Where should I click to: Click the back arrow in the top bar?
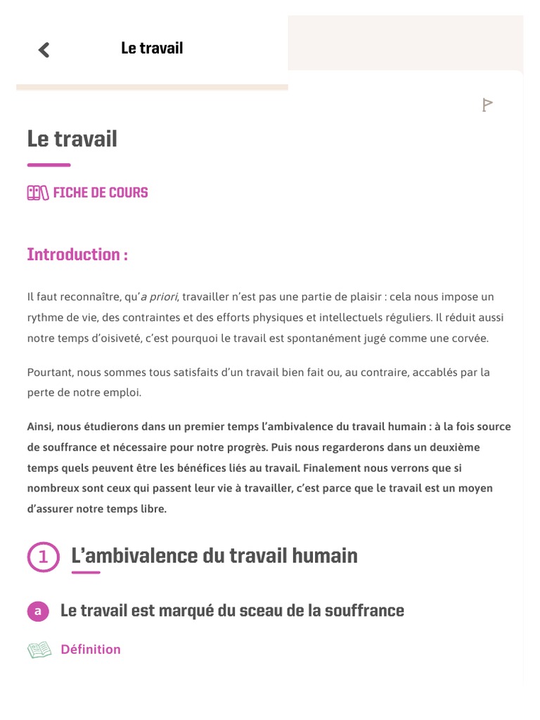(x=44, y=49)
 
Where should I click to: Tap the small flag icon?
(x=487, y=105)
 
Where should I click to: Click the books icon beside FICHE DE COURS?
(x=38, y=193)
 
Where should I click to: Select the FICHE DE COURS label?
(x=101, y=193)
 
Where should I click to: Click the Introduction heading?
(x=77, y=255)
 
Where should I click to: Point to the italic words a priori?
(x=159, y=297)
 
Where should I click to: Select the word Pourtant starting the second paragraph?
(x=49, y=371)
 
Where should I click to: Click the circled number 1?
(x=44, y=557)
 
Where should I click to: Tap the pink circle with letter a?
(x=38, y=611)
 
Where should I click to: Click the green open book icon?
(x=39, y=650)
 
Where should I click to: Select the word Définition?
(x=91, y=650)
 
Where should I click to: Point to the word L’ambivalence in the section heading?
(x=134, y=556)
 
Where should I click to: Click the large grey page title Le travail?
(x=72, y=139)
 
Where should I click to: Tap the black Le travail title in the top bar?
(x=152, y=49)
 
